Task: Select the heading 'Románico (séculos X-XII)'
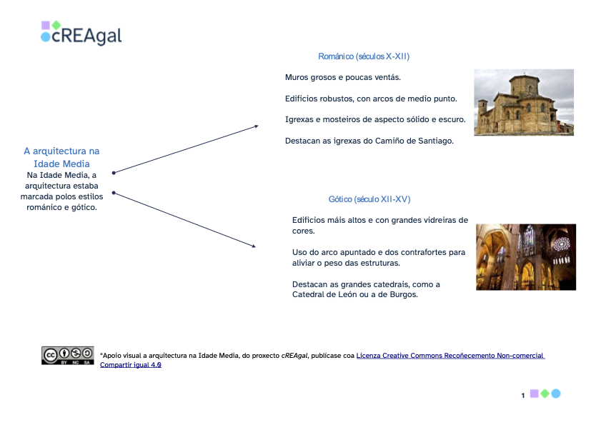tap(363, 56)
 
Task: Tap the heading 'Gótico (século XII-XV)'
tap(369, 199)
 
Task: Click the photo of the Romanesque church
tap(523, 102)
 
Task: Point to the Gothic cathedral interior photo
tap(525, 256)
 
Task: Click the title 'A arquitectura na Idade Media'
tap(61, 158)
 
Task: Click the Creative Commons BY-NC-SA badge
tap(67, 356)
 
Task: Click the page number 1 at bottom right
tap(523, 395)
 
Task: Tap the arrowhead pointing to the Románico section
tap(255, 126)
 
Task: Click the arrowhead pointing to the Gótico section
tap(252, 246)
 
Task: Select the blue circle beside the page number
tap(556, 394)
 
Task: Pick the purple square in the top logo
tap(46, 25)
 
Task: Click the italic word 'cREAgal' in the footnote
tap(294, 356)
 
